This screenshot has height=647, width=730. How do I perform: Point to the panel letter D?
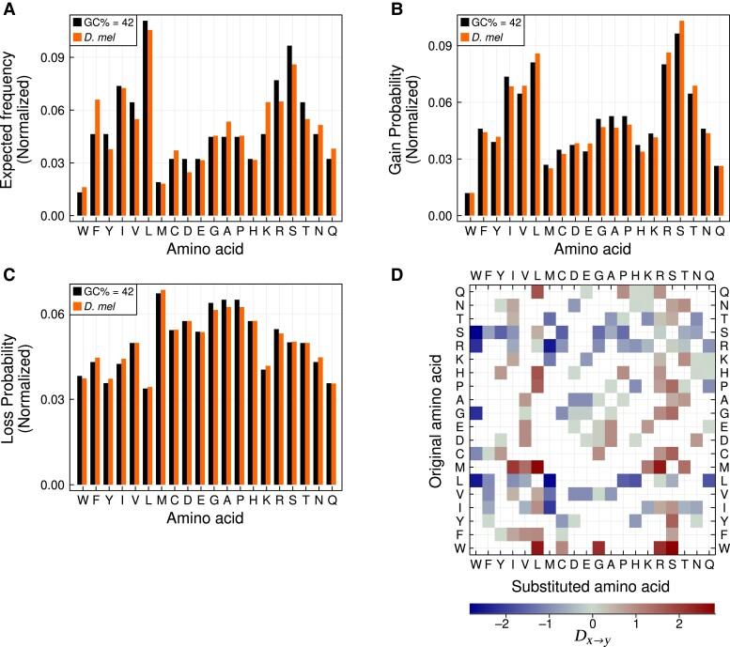(x=398, y=275)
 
